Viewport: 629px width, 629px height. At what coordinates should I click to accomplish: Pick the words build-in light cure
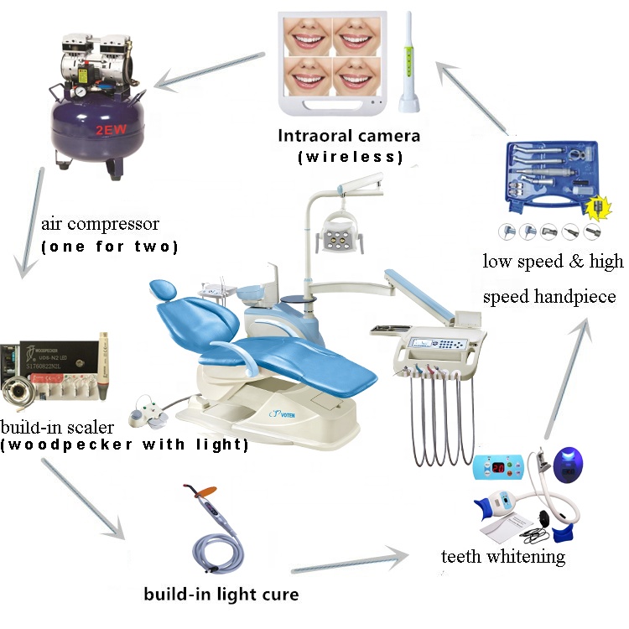click(x=221, y=595)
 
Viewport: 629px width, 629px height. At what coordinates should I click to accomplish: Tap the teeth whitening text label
click(x=503, y=556)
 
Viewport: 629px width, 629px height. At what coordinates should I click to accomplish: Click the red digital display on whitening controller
click(x=497, y=466)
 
